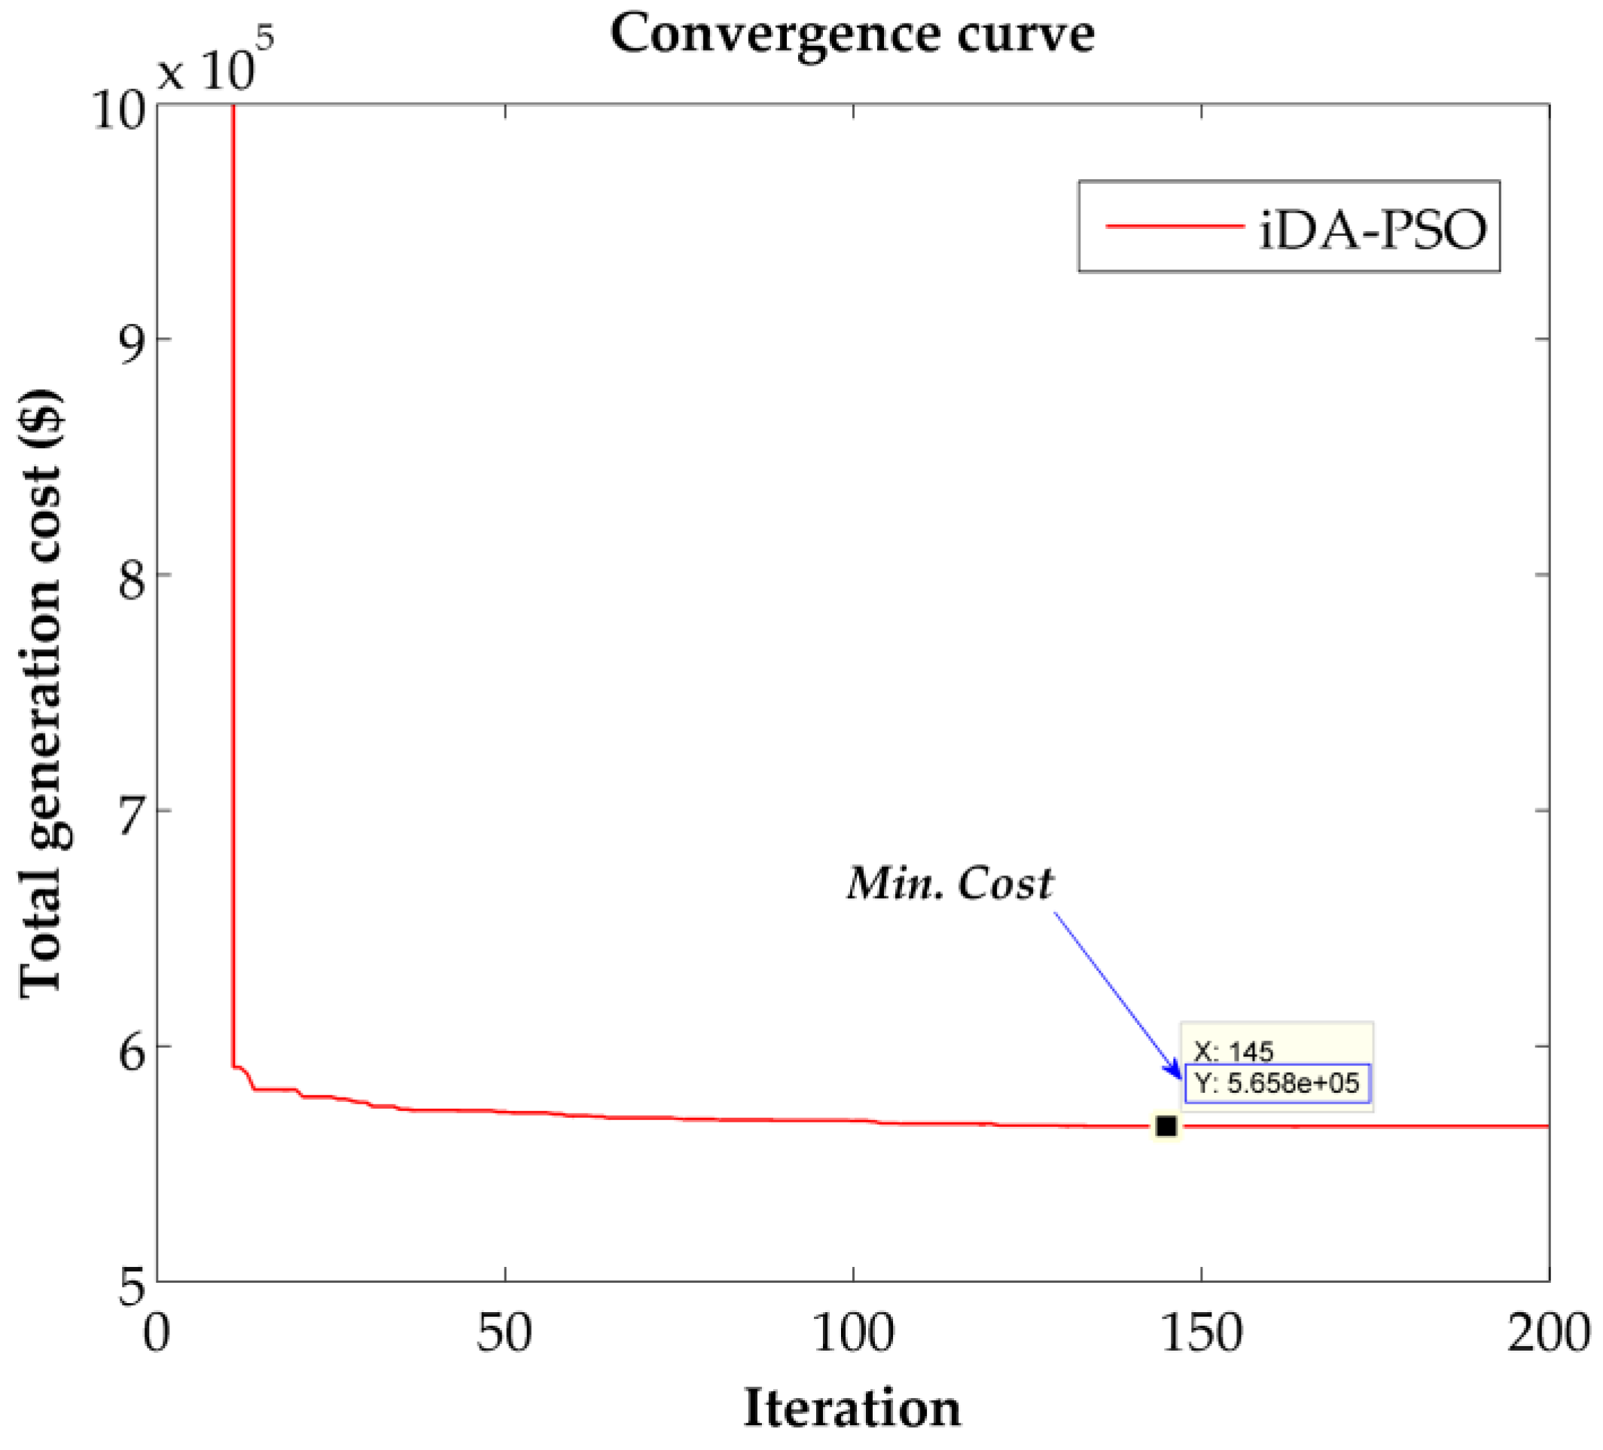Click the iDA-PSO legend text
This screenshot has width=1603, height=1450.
1372,231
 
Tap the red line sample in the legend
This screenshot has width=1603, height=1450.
1175,227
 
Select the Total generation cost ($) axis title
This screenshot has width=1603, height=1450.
41,692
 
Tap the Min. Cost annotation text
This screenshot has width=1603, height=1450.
949,884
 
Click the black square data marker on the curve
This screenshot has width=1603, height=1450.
1166,1126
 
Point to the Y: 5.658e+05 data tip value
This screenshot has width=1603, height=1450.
1277,1083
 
